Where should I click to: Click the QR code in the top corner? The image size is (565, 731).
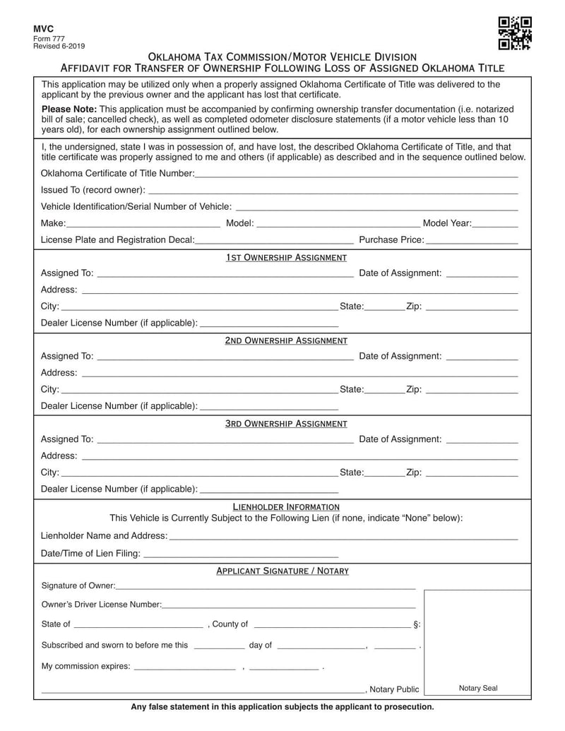[515, 33]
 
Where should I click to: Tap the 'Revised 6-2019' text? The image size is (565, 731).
[59, 46]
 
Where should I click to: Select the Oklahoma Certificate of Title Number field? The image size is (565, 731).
[356, 174]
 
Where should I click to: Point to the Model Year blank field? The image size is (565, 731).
[495, 224]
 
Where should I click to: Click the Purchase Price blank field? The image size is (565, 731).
[472, 240]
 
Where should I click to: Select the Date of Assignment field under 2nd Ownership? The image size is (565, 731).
[482, 357]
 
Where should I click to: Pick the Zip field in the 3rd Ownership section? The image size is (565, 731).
[472, 473]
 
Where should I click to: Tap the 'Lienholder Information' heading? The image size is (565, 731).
[286, 507]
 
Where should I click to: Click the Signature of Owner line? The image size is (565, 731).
[266, 586]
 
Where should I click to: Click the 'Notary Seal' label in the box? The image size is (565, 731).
[478, 689]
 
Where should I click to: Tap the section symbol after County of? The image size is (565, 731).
[417, 624]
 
